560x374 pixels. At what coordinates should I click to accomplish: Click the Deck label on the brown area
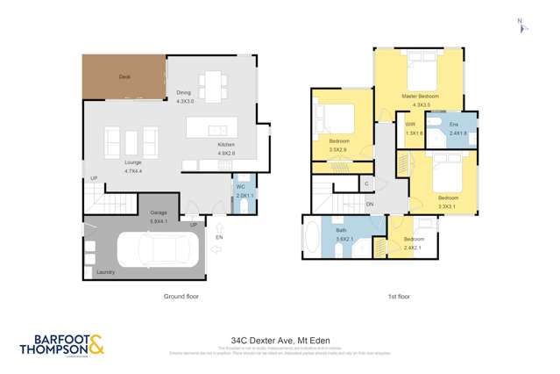pos(124,77)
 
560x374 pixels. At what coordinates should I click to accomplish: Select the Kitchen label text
pos(227,145)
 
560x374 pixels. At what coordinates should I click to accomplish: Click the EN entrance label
pos(219,237)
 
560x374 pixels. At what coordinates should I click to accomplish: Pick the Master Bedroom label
pos(420,96)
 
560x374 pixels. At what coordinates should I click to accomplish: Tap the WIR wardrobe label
pos(411,125)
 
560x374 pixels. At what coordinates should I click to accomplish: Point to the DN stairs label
pos(371,205)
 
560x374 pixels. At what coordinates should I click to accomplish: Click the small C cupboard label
pos(367,184)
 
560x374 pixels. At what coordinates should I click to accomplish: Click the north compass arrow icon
pos(522,26)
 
